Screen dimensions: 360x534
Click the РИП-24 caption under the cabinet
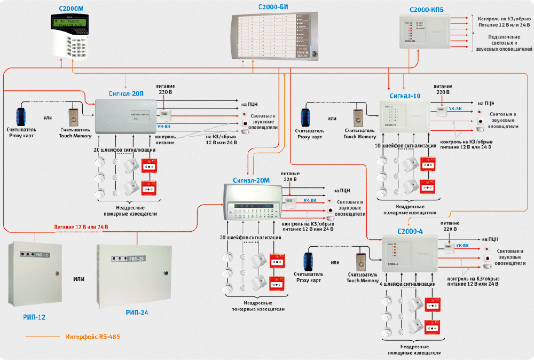tap(137, 312)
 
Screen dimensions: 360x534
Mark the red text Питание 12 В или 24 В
tap(81, 227)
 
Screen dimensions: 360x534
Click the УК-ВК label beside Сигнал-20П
tap(164, 127)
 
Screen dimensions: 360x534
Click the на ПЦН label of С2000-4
tap(490, 239)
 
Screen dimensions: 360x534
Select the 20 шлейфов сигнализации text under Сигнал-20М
tap(250, 237)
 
